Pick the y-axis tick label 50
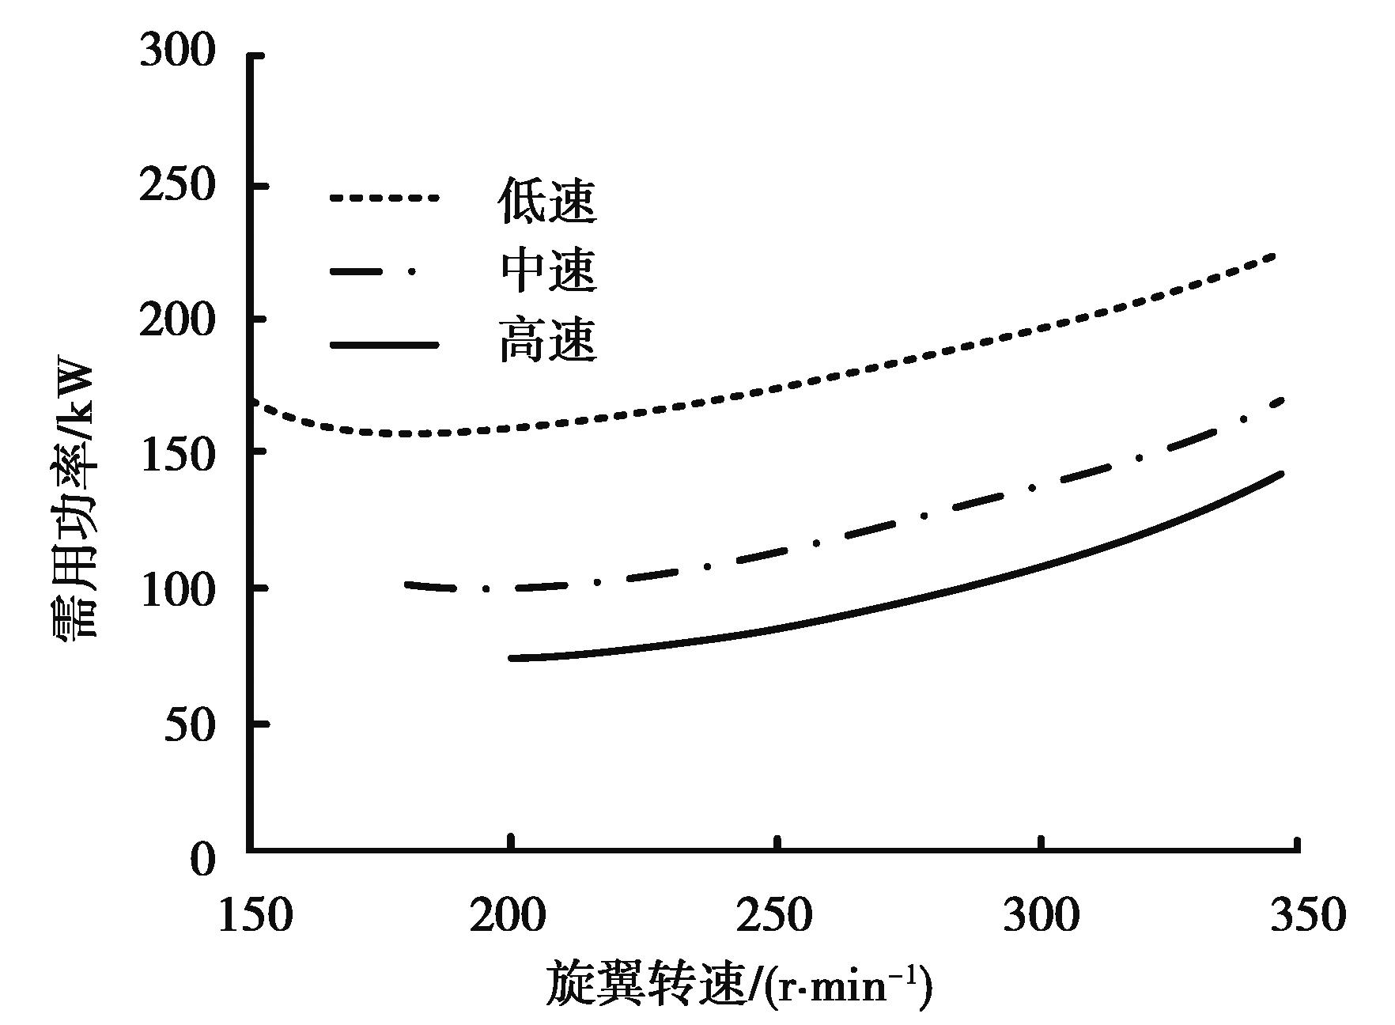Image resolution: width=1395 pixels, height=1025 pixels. pos(190,725)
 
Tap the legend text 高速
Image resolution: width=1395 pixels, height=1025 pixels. pos(547,341)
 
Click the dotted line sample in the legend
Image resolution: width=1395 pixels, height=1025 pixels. pos(384,199)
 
